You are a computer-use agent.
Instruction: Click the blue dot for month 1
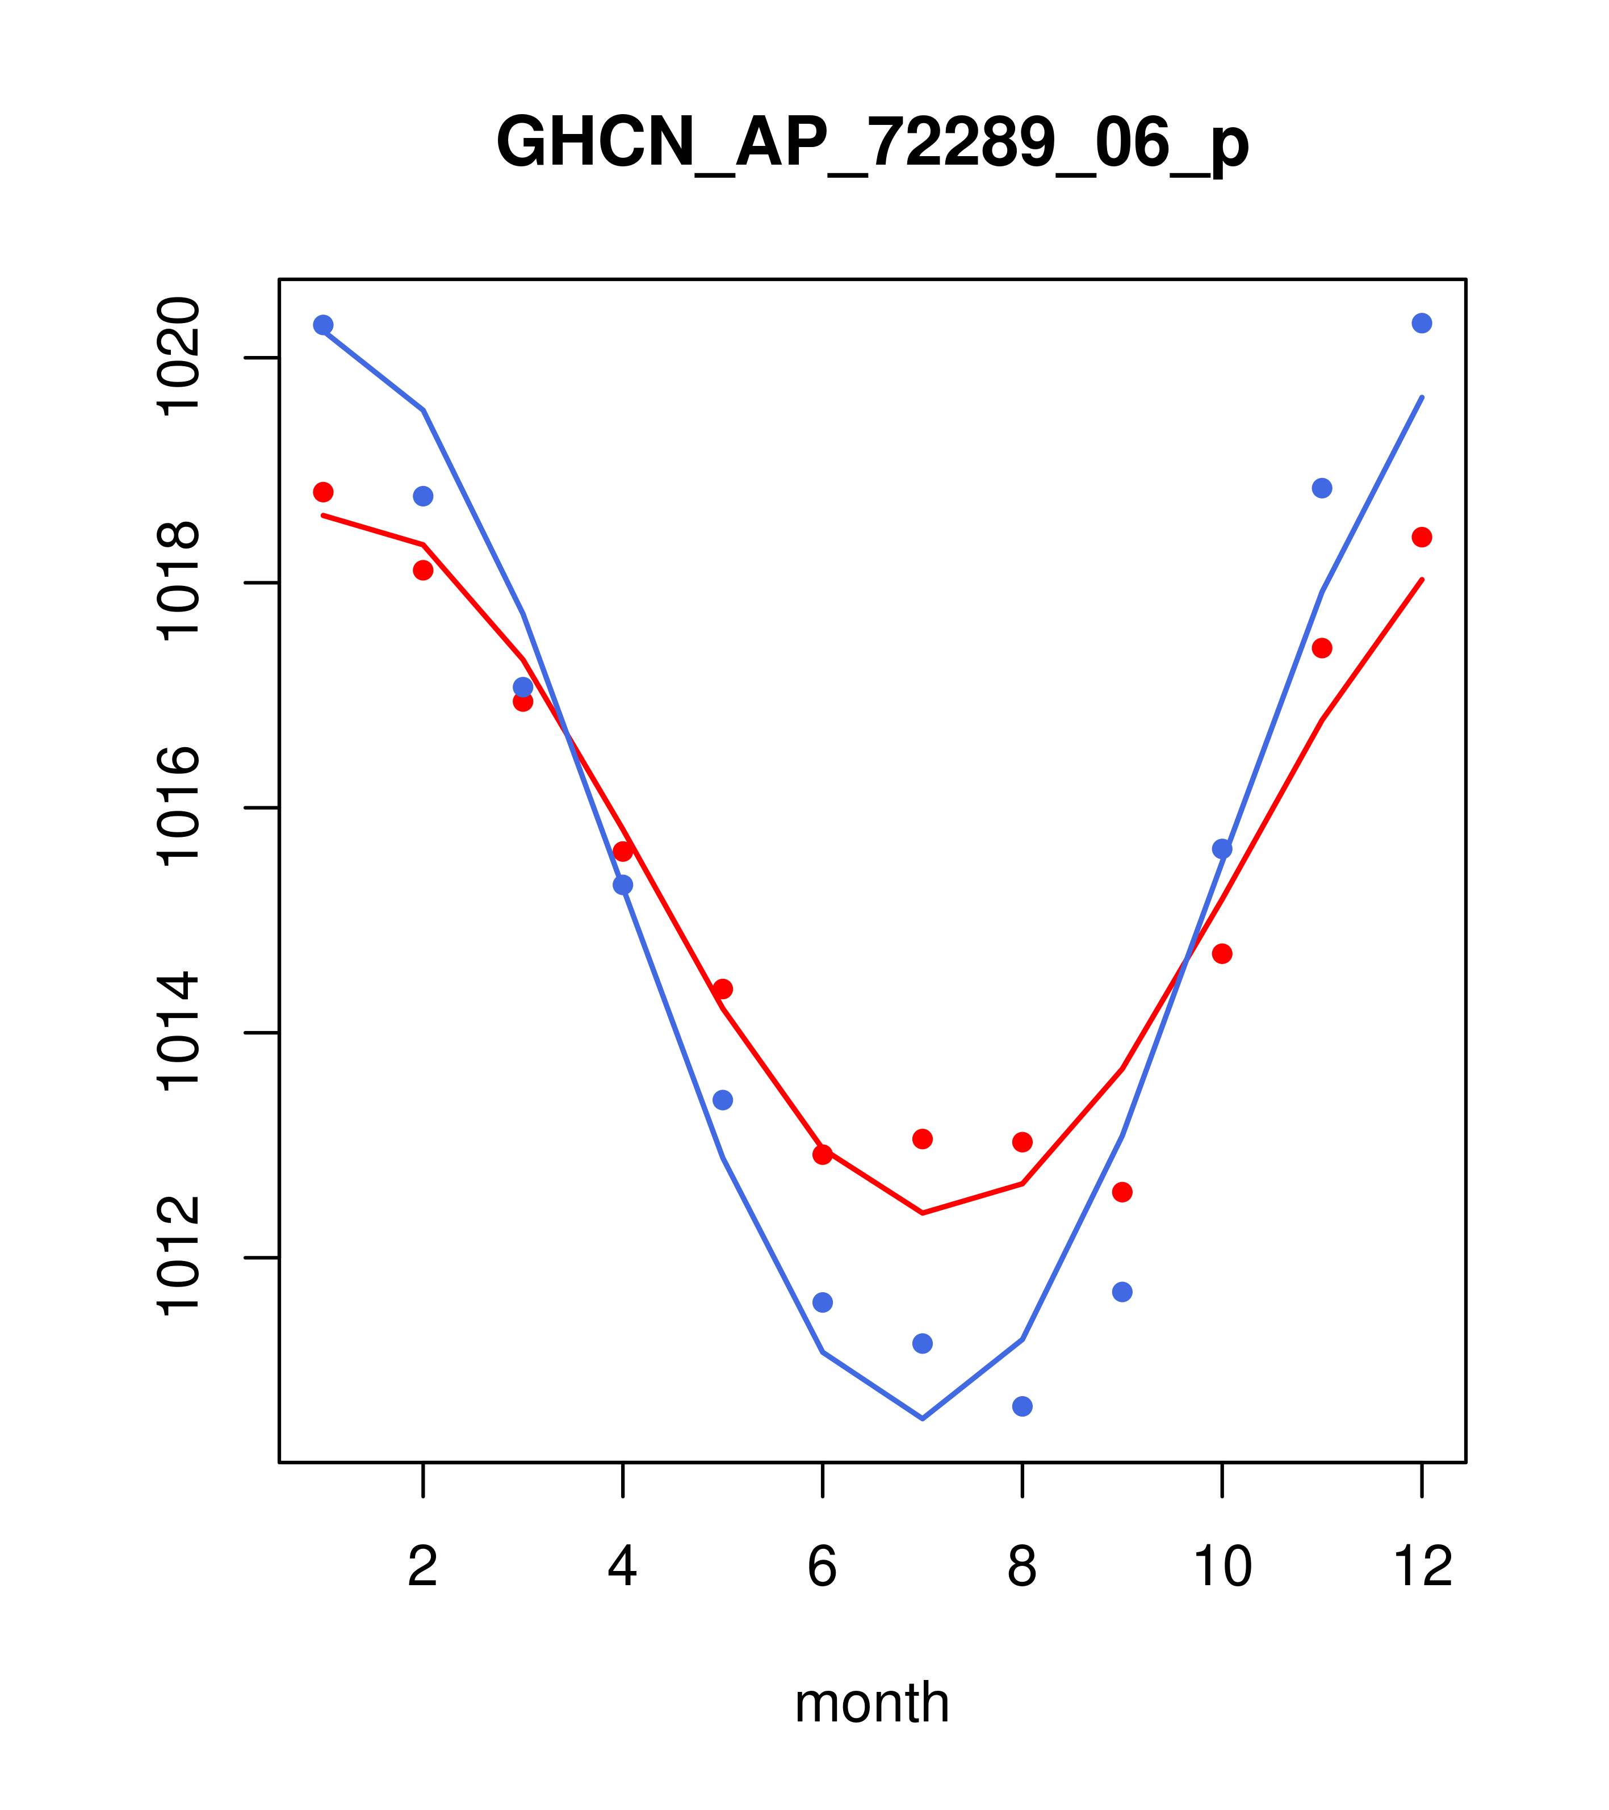[323, 325]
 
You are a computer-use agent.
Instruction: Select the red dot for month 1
[323, 492]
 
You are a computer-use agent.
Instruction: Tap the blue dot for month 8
[1022, 1406]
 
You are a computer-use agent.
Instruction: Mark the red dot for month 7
[922, 1139]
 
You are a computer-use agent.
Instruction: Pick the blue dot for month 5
[723, 1100]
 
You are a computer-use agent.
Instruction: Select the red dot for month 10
[1222, 954]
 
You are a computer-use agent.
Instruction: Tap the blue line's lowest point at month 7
[922, 1419]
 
